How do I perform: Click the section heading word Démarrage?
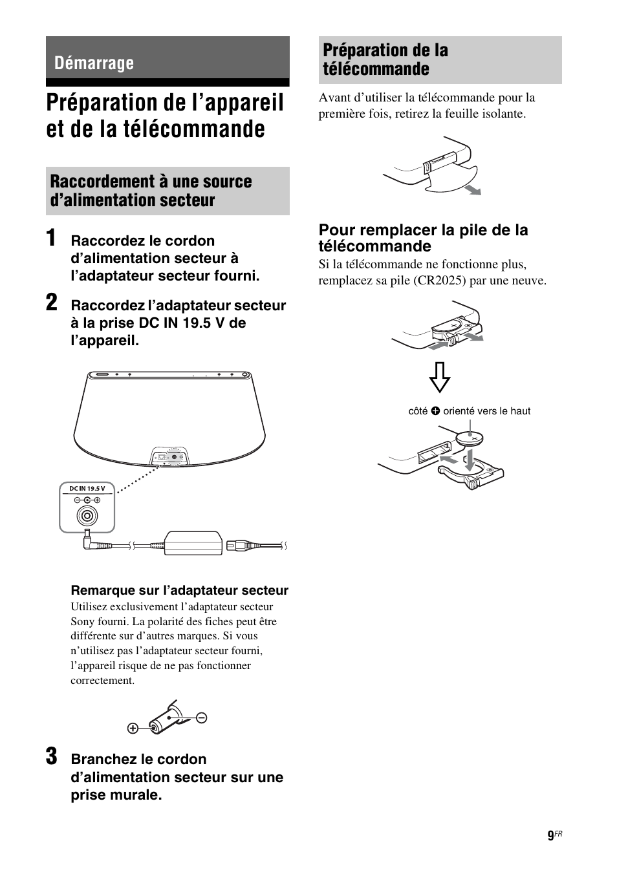coord(94,63)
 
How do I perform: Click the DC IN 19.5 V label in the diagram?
coord(87,488)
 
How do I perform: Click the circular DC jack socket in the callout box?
coord(87,516)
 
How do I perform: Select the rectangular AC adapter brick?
coord(193,542)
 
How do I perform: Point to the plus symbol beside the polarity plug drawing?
coord(133,729)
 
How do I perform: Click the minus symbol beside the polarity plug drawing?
coord(201,717)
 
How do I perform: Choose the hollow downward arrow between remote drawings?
coord(440,376)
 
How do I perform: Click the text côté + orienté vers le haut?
coord(469,411)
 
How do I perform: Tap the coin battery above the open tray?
coord(470,438)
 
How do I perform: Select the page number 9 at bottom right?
coord(550,836)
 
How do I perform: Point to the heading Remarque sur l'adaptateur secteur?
coord(179,590)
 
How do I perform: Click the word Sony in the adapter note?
coord(83,621)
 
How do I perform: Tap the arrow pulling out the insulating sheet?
coord(475,189)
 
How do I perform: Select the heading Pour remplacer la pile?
coord(423,238)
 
